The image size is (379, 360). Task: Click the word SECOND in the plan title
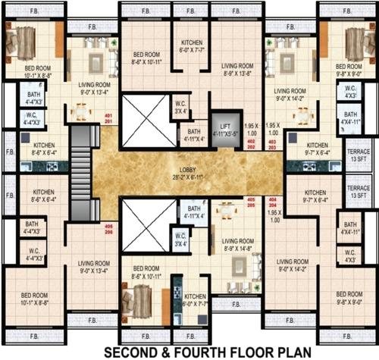click(130, 352)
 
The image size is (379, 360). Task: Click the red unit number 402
click(251, 140)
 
